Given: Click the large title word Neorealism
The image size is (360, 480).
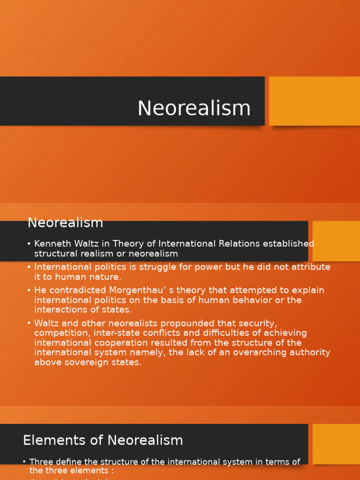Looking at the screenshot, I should click(x=194, y=108).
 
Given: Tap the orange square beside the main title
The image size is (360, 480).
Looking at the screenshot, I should click(x=314, y=101).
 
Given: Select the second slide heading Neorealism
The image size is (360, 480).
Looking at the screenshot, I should click(x=65, y=223).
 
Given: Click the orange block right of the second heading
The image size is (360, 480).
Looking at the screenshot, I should click(x=336, y=241).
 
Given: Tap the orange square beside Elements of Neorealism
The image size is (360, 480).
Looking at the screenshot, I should click(x=336, y=444).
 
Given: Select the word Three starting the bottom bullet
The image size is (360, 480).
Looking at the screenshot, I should click(x=40, y=462).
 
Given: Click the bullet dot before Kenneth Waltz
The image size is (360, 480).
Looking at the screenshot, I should click(x=29, y=244).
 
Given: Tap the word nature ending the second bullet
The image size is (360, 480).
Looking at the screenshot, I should click(x=107, y=277).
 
